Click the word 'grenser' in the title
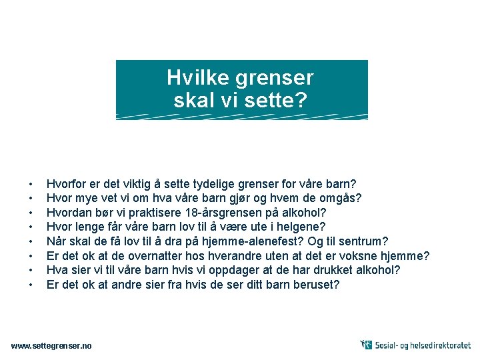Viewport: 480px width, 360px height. [x=275, y=79]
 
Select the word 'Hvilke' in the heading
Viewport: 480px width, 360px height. [x=198, y=78]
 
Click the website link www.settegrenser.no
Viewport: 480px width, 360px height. [x=52, y=345]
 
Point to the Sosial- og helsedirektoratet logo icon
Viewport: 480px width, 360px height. [x=366, y=345]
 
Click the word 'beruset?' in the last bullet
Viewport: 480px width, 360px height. [x=317, y=285]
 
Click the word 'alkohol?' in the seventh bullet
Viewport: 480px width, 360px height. [x=377, y=270]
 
